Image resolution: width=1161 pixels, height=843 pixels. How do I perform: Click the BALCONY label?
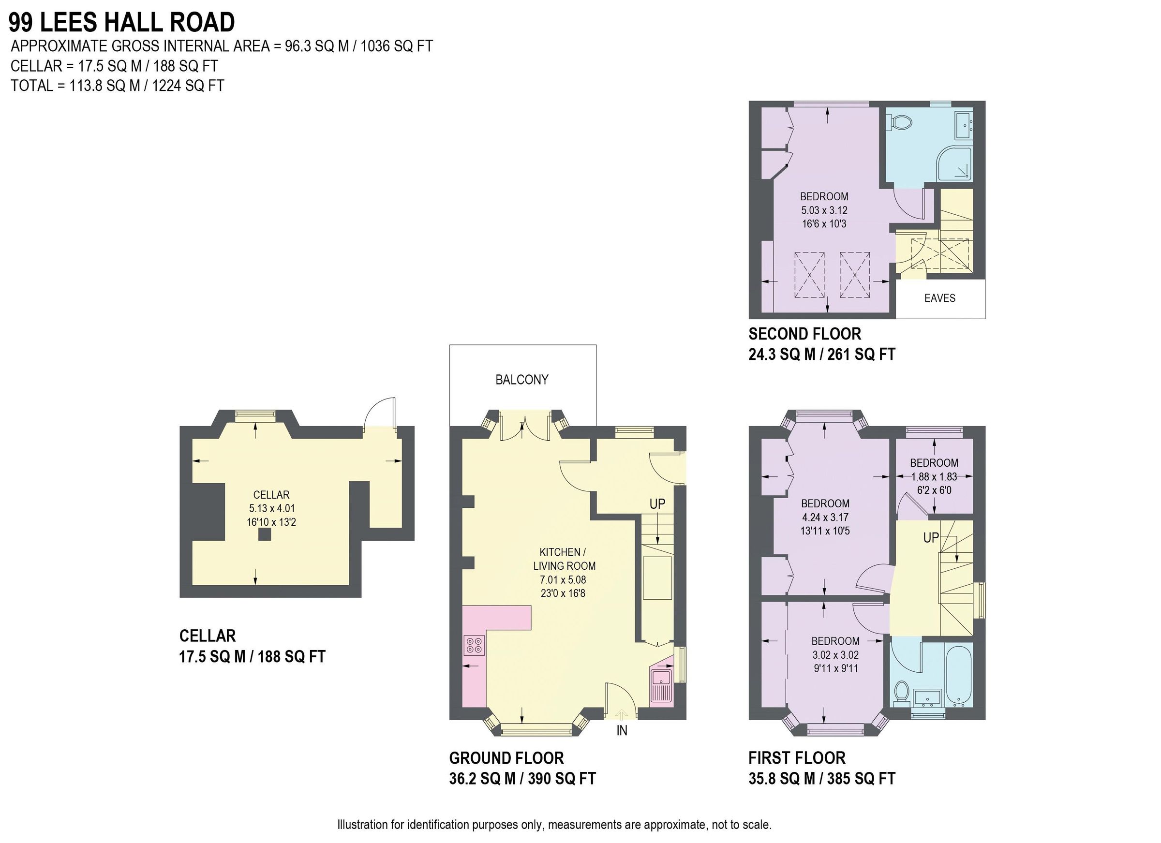(x=521, y=379)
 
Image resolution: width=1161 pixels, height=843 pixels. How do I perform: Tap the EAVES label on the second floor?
(x=939, y=298)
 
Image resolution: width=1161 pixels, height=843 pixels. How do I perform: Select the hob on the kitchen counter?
(x=474, y=645)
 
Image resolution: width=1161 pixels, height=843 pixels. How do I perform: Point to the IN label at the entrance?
(x=622, y=731)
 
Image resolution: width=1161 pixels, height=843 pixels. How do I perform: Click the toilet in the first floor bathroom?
(x=901, y=694)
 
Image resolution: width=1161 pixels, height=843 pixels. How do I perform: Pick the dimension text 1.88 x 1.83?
(x=934, y=476)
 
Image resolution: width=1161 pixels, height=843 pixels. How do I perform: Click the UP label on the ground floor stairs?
(x=657, y=503)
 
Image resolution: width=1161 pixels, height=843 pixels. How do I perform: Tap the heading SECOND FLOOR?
(x=804, y=334)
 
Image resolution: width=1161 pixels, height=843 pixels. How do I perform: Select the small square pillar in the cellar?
(x=264, y=535)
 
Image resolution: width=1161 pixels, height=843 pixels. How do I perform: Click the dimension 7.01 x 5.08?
(x=563, y=580)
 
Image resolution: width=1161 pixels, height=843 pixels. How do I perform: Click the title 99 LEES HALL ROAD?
(x=122, y=23)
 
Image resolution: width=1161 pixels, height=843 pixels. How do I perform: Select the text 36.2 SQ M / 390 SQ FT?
(x=522, y=779)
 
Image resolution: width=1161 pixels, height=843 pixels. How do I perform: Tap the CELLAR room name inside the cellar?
(x=271, y=495)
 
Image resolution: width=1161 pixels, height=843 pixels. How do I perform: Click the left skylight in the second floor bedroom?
(x=809, y=275)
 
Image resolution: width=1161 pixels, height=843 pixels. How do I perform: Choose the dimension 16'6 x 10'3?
(x=824, y=223)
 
